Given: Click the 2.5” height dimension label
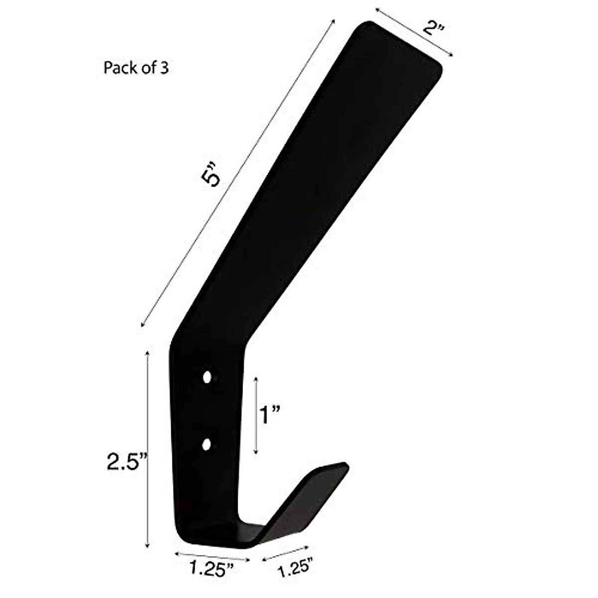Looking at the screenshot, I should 125,462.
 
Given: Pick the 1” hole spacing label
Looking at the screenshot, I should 270,414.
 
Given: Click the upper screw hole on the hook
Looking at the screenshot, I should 207,377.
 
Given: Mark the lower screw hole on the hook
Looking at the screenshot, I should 207,443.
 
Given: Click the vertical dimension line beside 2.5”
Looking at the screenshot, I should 147,448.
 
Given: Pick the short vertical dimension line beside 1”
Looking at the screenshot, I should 256,415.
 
